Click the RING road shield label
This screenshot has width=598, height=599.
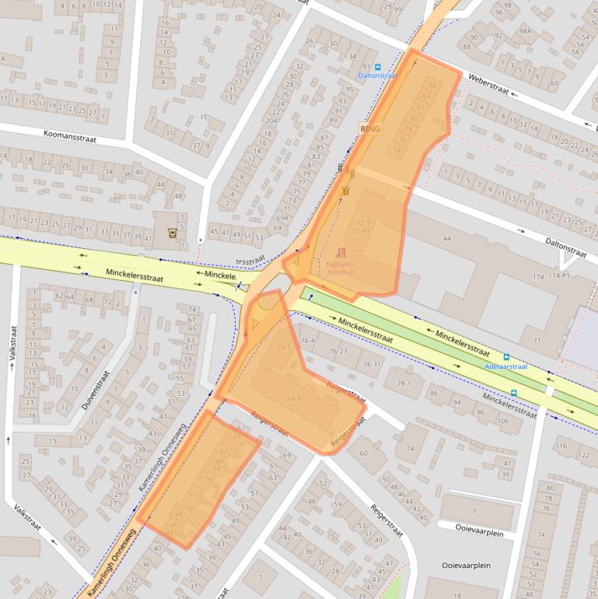click(370, 129)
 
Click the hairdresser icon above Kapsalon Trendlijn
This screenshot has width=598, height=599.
click(341, 252)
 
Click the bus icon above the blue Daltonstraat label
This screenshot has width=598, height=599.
click(378, 67)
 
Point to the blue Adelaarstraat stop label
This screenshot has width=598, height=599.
click(505, 366)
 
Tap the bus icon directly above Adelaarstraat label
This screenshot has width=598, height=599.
click(507, 356)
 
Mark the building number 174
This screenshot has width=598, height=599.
click(538, 277)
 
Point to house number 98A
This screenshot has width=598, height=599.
click(525, 30)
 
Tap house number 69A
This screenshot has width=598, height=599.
click(282, 219)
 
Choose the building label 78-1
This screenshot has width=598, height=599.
click(404, 384)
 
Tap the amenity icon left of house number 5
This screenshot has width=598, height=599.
click(171, 231)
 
